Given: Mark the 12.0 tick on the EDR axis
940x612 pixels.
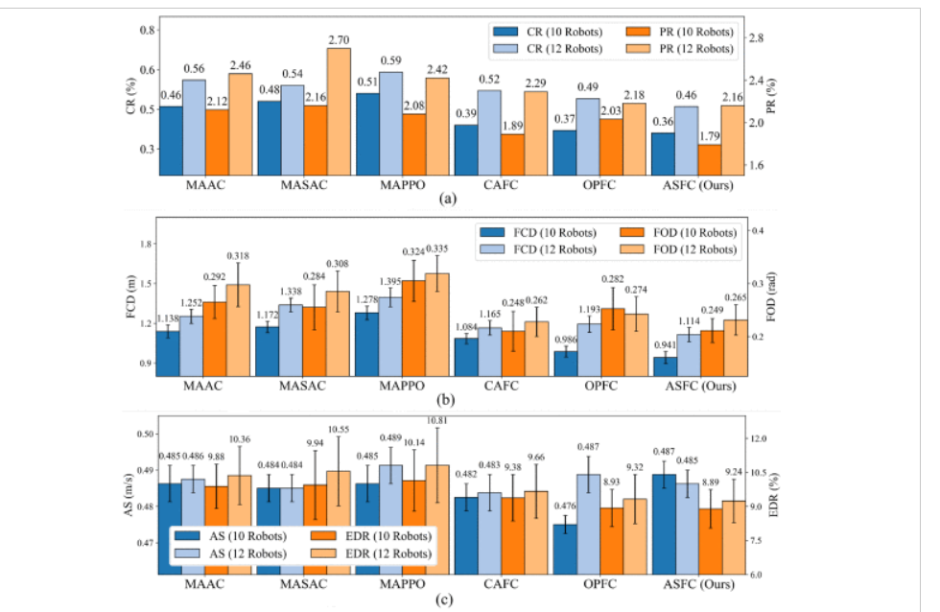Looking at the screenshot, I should click(x=761, y=438).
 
